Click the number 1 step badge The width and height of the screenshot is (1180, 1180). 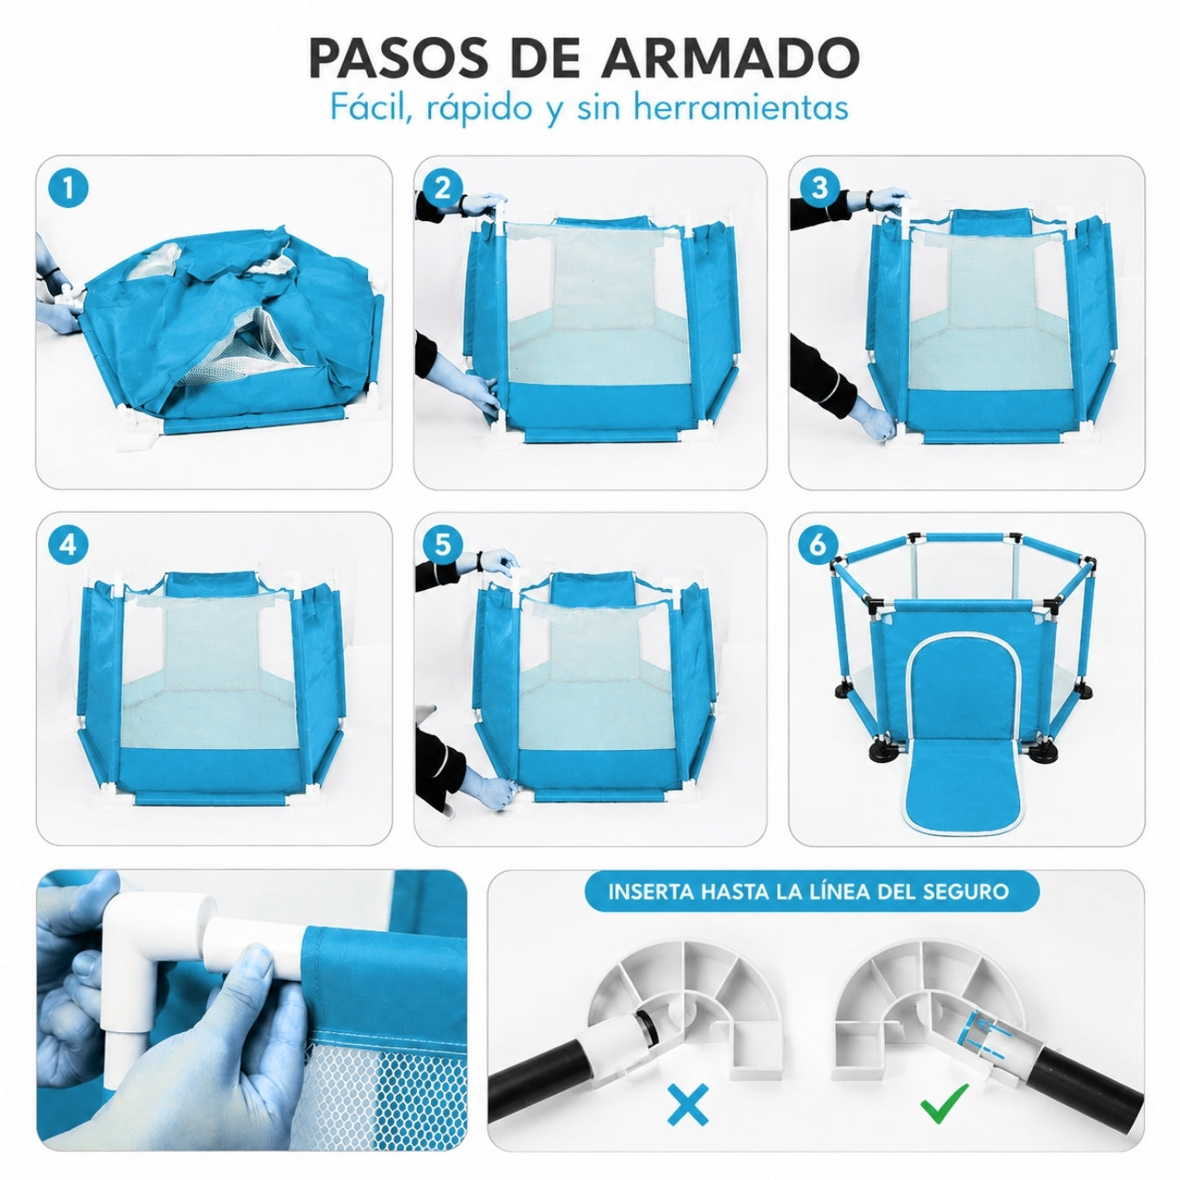68,187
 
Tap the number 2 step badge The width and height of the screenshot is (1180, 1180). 442,188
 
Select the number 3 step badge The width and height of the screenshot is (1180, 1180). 819,188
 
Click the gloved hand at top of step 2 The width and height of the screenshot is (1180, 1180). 483,204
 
